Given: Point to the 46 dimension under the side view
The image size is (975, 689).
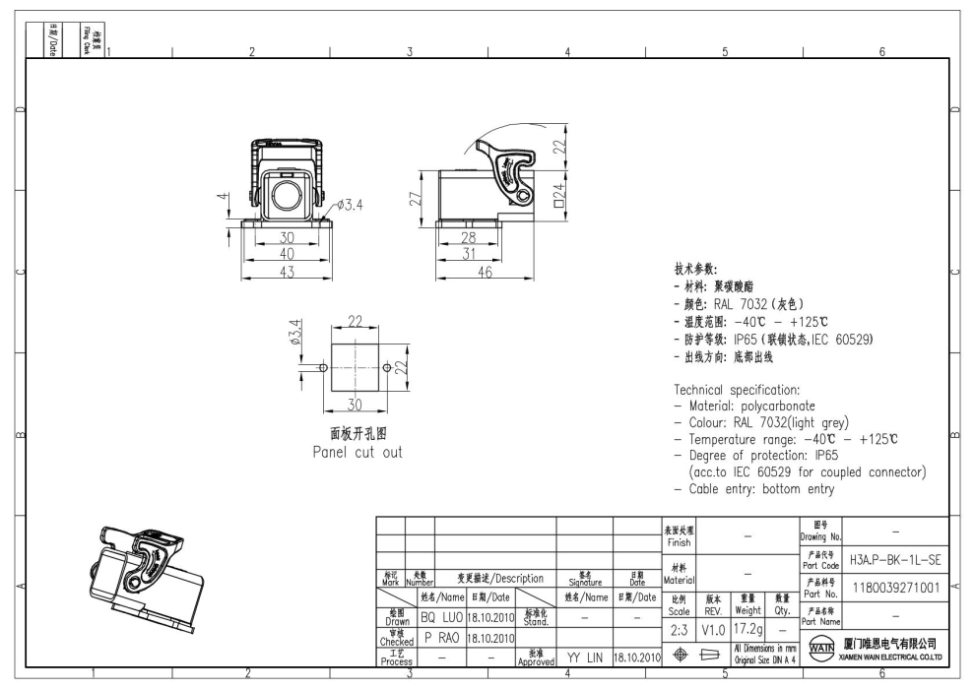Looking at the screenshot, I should click(x=484, y=274).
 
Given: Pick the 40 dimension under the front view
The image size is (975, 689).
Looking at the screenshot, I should click(x=286, y=255).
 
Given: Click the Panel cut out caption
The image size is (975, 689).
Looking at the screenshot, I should click(x=357, y=453).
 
